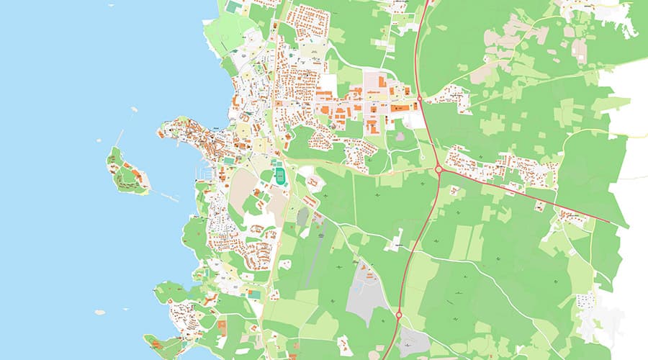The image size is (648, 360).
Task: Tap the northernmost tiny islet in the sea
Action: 135,109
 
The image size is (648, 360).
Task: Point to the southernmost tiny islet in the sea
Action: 99,312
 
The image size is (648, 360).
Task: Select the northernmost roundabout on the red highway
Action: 419,98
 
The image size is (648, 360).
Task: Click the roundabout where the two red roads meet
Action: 438,170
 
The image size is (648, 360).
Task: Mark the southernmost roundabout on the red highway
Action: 398,314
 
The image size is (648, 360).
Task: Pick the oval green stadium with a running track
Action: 279,175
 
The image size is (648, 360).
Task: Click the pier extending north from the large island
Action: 119,138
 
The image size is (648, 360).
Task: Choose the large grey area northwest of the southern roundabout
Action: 364,292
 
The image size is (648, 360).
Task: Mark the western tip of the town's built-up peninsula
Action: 159,131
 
